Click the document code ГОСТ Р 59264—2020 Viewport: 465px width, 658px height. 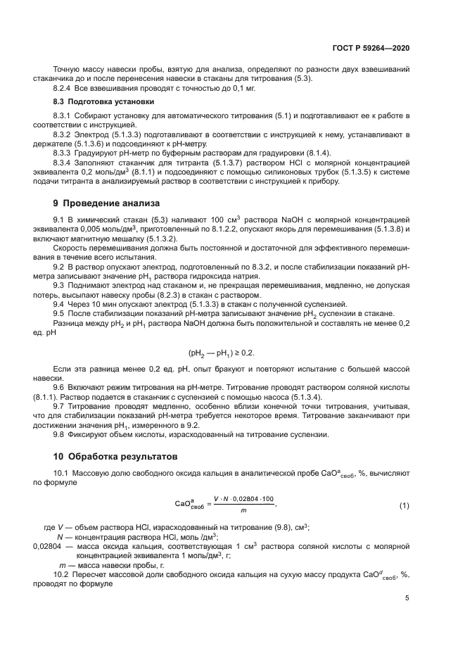(371, 47)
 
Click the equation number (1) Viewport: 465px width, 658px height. (404, 506)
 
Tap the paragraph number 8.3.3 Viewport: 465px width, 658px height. (63, 153)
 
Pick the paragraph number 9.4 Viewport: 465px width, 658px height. (60, 324)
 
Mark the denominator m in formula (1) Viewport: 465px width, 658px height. (241, 512)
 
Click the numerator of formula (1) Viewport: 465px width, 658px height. (242, 499)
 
